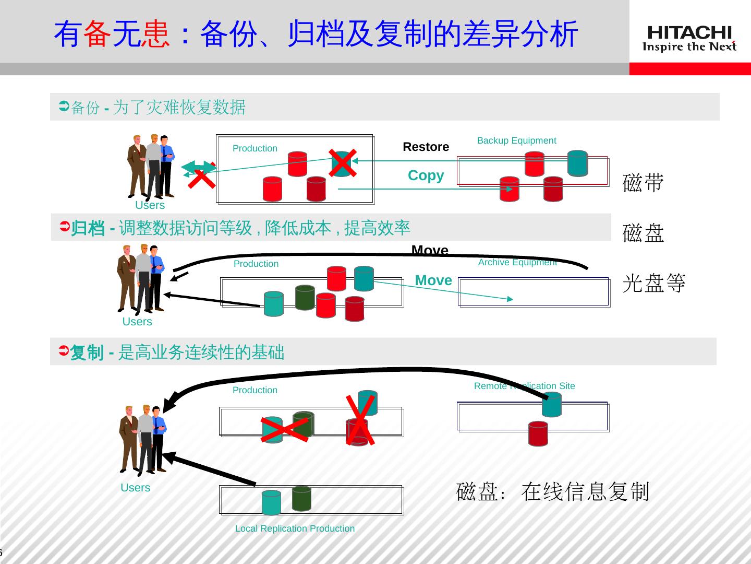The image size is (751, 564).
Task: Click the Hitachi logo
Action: (x=689, y=39)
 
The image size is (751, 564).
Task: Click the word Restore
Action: (x=426, y=147)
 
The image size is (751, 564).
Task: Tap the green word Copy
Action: (x=426, y=175)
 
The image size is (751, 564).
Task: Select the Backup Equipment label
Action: (x=516, y=140)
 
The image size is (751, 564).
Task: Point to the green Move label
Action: (x=433, y=280)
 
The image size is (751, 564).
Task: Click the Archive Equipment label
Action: (x=517, y=262)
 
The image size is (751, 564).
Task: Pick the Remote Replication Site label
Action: (x=524, y=386)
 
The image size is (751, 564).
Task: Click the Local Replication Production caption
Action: (x=295, y=528)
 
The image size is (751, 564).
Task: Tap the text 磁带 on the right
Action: (x=643, y=183)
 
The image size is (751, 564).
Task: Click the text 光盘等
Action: (x=654, y=283)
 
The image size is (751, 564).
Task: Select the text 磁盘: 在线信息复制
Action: (x=552, y=491)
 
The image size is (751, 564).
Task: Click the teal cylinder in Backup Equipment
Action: (x=577, y=163)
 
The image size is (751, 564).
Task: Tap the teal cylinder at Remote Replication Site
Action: (x=551, y=404)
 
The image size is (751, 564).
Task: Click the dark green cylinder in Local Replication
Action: (x=301, y=498)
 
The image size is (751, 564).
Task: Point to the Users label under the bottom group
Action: (x=135, y=488)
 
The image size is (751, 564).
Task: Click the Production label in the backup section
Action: (x=255, y=148)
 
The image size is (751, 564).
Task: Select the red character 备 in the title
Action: (x=97, y=34)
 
